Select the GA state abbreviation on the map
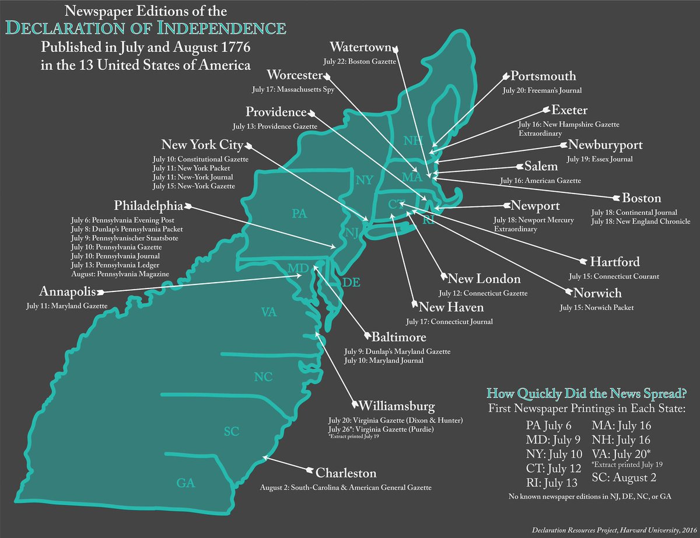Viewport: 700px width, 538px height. point(185,483)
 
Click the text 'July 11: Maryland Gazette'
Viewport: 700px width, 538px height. point(67,305)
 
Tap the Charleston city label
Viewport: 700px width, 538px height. point(346,473)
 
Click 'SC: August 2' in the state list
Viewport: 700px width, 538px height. point(622,478)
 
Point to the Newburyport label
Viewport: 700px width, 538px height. point(610,145)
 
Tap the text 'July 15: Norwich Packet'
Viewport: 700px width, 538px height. point(596,307)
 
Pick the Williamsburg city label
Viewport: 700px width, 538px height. point(397,405)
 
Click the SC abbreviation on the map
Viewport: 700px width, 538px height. point(232,432)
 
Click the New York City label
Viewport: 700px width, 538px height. point(201,145)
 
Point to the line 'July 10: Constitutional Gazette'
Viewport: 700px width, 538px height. point(201,159)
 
